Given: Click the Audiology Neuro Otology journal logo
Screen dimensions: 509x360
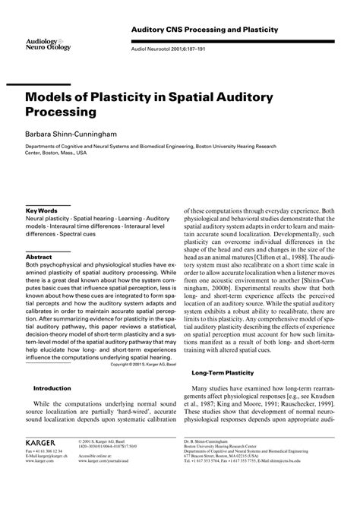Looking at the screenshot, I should click(x=46, y=43).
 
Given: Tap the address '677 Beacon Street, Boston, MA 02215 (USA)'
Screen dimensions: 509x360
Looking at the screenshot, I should click(x=231, y=476).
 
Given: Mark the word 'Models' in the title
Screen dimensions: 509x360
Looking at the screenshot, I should click(x=57, y=95).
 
